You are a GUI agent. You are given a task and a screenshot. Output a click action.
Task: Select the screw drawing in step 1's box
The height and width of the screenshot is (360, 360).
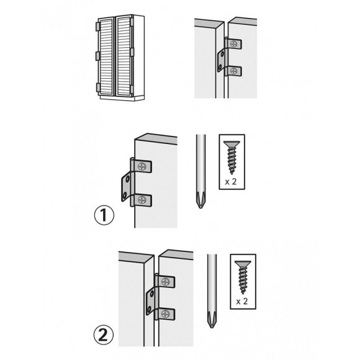pyautogui.click(x=232, y=155)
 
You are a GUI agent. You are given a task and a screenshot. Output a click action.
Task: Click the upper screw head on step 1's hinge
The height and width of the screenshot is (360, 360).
pyautogui.click(x=144, y=166)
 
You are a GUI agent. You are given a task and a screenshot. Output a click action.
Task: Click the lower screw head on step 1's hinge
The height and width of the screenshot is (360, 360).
pyautogui.click(x=144, y=200)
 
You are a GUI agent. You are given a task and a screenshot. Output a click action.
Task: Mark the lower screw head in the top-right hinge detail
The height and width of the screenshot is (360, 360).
pyautogui.click(x=233, y=72)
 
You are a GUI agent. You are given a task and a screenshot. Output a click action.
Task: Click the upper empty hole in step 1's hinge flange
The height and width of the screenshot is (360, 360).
pyautogui.click(x=125, y=179)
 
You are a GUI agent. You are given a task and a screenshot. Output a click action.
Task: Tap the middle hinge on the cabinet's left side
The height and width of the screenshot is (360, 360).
pyautogui.click(x=97, y=56)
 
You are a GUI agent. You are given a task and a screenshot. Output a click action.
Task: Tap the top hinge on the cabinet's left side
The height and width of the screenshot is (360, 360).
pyautogui.click(x=97, y=27)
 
